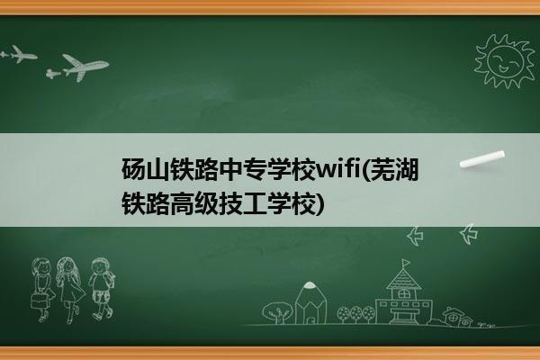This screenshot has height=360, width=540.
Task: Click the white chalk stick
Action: [x=482, y=159]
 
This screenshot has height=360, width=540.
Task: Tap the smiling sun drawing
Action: [x=504, y=62]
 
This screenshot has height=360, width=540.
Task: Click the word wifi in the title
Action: [x=338, y=169]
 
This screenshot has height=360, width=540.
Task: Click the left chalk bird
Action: [x=416, y=236]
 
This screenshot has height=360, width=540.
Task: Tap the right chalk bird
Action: [x=470, y=234]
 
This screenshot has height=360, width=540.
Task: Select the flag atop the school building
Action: [x=406, y=264]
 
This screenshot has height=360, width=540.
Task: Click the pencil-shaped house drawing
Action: [x=310, y=303]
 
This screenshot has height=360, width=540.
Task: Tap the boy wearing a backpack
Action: [x=102, y=289]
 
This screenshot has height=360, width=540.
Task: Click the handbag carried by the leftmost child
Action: [x=39, y=300]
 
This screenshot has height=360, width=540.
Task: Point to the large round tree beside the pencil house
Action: [x=277, y=312]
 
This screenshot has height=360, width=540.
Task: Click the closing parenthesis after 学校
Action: [x=320, y=203]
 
